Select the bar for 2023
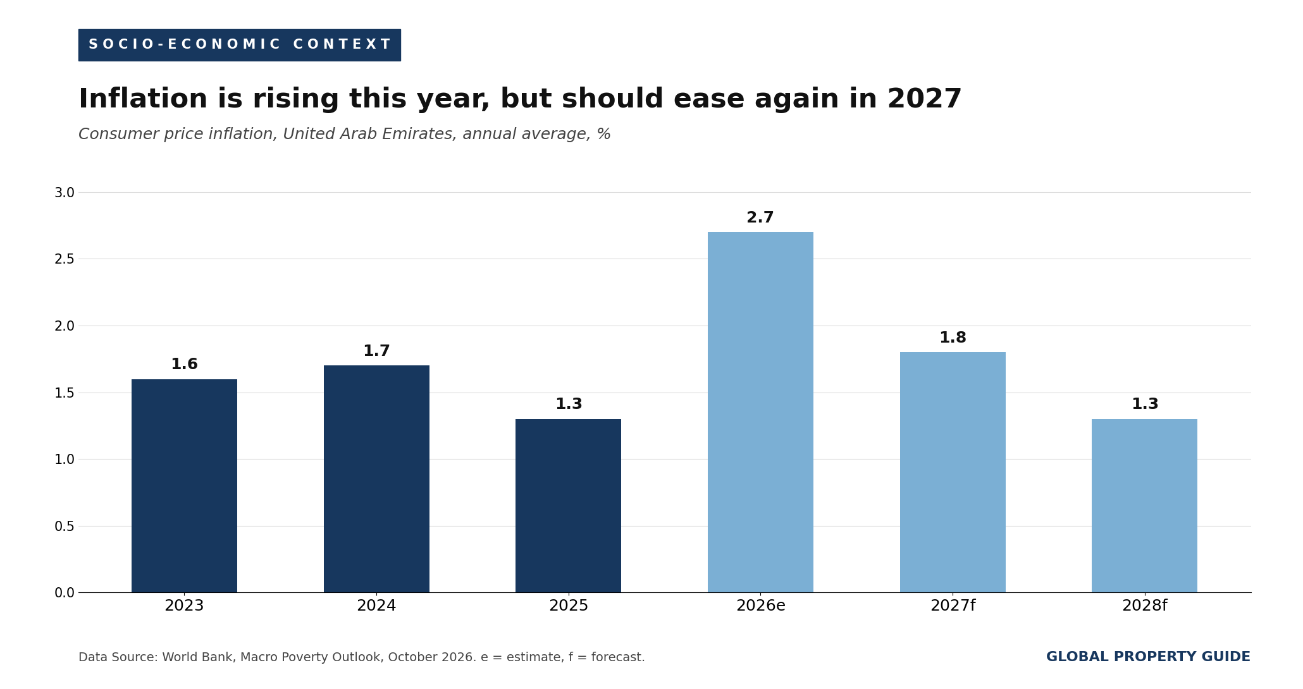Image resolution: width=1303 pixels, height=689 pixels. click(184, 485)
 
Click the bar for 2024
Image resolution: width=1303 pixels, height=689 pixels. click(376, 479)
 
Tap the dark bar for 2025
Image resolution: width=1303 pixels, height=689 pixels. click(568, 506)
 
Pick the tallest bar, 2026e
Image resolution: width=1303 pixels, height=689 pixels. click(760, 412)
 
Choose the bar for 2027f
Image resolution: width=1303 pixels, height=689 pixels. click(953, 472)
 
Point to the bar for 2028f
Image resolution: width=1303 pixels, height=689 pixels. click(1144, 506)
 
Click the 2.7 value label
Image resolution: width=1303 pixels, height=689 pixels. click(760, 218)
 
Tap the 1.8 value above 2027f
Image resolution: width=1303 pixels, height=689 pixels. click(953, 338)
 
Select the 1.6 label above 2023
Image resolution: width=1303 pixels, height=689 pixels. click(184, 365)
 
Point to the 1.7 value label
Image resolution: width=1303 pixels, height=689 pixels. click(376, 351)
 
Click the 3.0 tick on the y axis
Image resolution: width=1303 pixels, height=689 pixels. click(64, 193)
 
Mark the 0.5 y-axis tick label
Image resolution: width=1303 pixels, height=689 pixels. click(64, 527)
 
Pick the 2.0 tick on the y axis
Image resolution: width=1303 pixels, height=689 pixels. click(64, 326)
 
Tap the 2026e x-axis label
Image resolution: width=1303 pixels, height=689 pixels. click(760, 606)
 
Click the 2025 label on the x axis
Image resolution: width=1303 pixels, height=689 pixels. click(568, 606)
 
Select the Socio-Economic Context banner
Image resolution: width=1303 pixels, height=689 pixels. click(239, 45)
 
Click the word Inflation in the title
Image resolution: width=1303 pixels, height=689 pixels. click(143, 99)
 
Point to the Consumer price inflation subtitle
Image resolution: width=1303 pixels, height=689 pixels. click(345, 135)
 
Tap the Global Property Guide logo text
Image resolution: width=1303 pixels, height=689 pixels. click(1148, 657)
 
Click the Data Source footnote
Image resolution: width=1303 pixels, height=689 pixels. click(362, 657)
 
